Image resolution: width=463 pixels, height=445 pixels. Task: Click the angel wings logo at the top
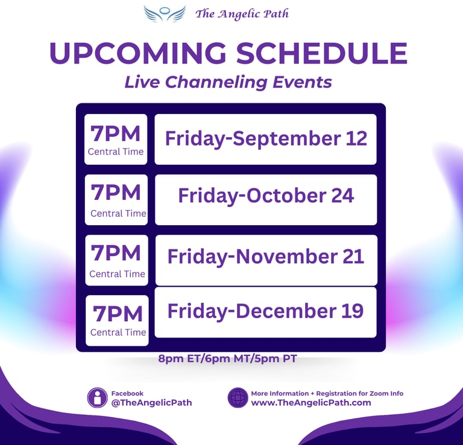(165, 14)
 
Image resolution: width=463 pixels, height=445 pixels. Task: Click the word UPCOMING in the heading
(138, 53)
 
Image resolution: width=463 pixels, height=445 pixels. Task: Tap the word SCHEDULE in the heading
(322, 53)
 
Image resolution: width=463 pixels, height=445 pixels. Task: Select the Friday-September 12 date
(266, 138)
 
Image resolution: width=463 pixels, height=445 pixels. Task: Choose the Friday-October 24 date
(266, 196)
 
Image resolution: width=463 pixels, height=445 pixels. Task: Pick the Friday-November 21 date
(266, 256)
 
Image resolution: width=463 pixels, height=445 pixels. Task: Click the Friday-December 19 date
(265, 311)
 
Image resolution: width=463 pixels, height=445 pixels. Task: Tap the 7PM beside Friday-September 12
(116, 133)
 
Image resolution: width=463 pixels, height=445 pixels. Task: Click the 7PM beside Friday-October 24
(116, 193)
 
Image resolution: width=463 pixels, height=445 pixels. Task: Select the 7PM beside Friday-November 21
(116, 253)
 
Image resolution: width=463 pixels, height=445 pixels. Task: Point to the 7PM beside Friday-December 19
(118, 314)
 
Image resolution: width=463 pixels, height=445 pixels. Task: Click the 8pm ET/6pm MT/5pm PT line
(227, 359)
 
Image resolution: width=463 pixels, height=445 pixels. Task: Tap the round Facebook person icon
(97, 398)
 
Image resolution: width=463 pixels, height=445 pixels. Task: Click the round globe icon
(238, 398)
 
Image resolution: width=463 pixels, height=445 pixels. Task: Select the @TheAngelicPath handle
(151, 402)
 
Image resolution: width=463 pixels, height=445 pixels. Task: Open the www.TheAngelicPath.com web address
(311, 402)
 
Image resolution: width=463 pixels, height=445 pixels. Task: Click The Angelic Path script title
(242, 14)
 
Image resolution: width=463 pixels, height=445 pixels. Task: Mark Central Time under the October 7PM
(118, 214)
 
